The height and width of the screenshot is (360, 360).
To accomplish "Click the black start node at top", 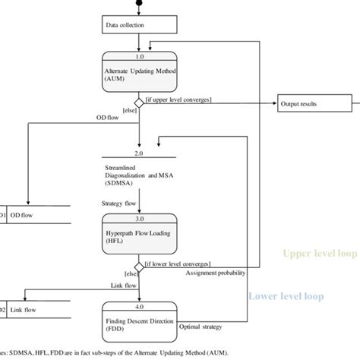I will [140, 4].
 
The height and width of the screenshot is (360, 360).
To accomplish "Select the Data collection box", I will [140, 25].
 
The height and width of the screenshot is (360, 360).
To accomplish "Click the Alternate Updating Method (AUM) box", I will [140, 73].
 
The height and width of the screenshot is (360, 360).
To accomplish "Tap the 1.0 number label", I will [140, 55].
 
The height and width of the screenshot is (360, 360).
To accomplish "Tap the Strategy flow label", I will [118, 203].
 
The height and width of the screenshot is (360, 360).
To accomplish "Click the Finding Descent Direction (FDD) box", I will [140, 325].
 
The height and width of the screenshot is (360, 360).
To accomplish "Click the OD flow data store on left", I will [34, 216].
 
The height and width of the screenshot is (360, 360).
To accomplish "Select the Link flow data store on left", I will [34, 310].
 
